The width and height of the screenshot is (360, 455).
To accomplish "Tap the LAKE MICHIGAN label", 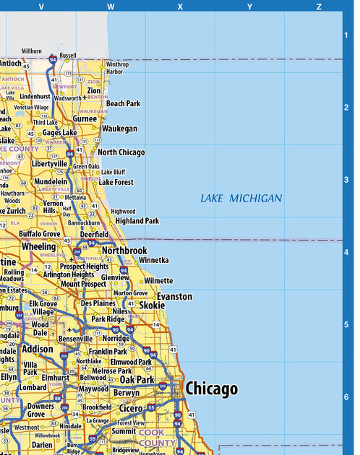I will point(241,198).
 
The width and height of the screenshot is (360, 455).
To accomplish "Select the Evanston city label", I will point(175,296).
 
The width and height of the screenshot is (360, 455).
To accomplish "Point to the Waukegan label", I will point(119,129).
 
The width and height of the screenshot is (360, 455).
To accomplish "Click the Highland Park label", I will point(137,221).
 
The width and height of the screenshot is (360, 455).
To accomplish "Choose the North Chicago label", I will point(121,152).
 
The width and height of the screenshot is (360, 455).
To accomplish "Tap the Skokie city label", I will point(152,305).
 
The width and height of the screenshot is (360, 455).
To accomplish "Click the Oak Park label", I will point(137,379).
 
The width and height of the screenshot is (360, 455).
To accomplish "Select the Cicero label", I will point(131,408).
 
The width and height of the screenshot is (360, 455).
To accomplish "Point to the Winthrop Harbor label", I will point(118,68).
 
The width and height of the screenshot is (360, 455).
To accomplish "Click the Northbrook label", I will point(124,251).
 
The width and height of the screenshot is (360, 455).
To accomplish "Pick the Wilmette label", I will point(158,280).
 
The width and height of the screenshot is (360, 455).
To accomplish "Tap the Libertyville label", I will point(50,164).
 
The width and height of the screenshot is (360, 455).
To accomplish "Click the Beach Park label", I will point(124,103).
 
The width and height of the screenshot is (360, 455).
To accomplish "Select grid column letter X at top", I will point(180,6).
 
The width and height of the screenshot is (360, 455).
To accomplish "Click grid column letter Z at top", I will point(319,6).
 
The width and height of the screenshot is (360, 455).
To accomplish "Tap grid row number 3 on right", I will point(346,180).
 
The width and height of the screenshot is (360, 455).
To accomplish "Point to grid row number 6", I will point(346,396).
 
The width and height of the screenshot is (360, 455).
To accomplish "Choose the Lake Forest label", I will point(116,183).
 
